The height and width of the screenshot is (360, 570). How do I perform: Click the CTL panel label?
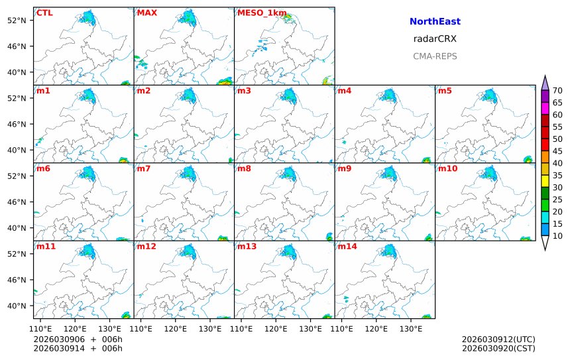coord(44,13)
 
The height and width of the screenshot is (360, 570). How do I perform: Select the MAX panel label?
coord(146,13)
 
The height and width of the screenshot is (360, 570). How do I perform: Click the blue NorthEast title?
coord(435,22)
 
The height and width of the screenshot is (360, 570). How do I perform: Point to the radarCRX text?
coord(435,39)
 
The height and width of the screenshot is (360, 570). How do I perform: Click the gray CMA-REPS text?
coord(435,56)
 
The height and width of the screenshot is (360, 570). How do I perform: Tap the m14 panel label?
coord(347,247)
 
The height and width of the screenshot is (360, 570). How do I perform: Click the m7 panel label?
coord(143,169)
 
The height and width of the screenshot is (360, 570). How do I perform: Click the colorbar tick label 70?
coord(557,91)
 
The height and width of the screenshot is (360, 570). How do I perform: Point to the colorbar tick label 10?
coord(557,236)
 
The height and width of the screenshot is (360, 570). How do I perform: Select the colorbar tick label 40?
coord(557,163)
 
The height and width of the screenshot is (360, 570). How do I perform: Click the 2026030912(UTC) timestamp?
coord(498,339)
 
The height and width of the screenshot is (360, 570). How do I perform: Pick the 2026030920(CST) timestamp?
coord(498,348)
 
